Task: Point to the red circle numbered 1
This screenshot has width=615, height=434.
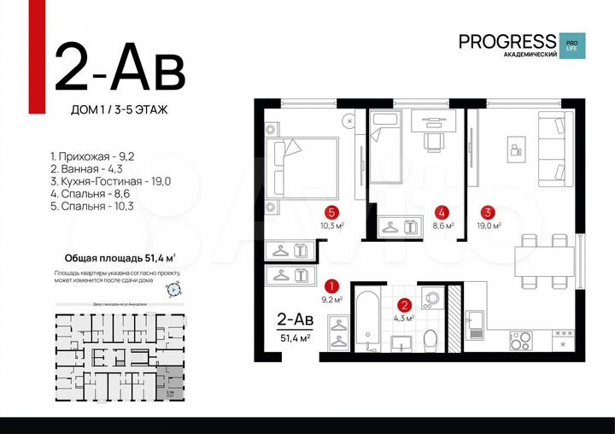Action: click(x=333, y=286)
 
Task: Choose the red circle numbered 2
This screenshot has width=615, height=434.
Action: click(x=406, y=303)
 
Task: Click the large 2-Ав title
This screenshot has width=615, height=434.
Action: click(x=119, y=68)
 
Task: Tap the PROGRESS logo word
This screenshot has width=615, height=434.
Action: click(x=507, y=40)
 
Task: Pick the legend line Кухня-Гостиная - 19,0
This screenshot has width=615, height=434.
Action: click(x=111, y=181)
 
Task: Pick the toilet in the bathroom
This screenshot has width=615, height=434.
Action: click(x=431, y=339)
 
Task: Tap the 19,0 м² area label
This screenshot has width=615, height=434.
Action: click(x=489, y=226)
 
